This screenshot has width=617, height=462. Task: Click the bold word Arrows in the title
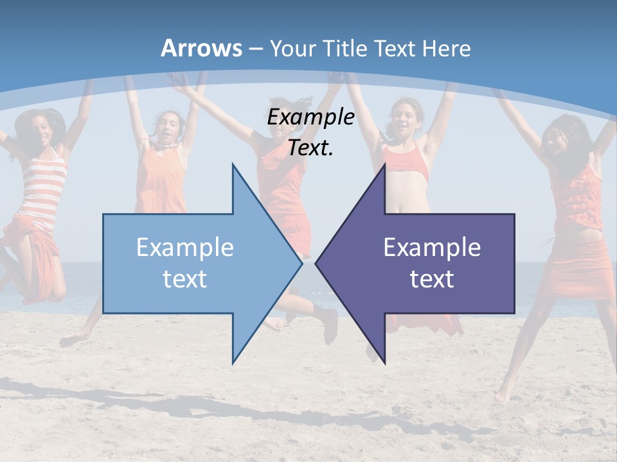coord(201,48)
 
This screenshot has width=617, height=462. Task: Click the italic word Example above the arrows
coord(310,117)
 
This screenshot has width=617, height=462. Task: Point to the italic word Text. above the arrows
coord(310,148)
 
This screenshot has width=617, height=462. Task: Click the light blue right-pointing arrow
coord(193,263)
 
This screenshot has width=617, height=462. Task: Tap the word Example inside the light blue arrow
coord(185,247)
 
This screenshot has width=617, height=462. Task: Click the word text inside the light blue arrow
coord(185,278)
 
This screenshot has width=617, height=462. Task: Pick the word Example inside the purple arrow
coord(432,247)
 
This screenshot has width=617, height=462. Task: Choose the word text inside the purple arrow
coord(432,278)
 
